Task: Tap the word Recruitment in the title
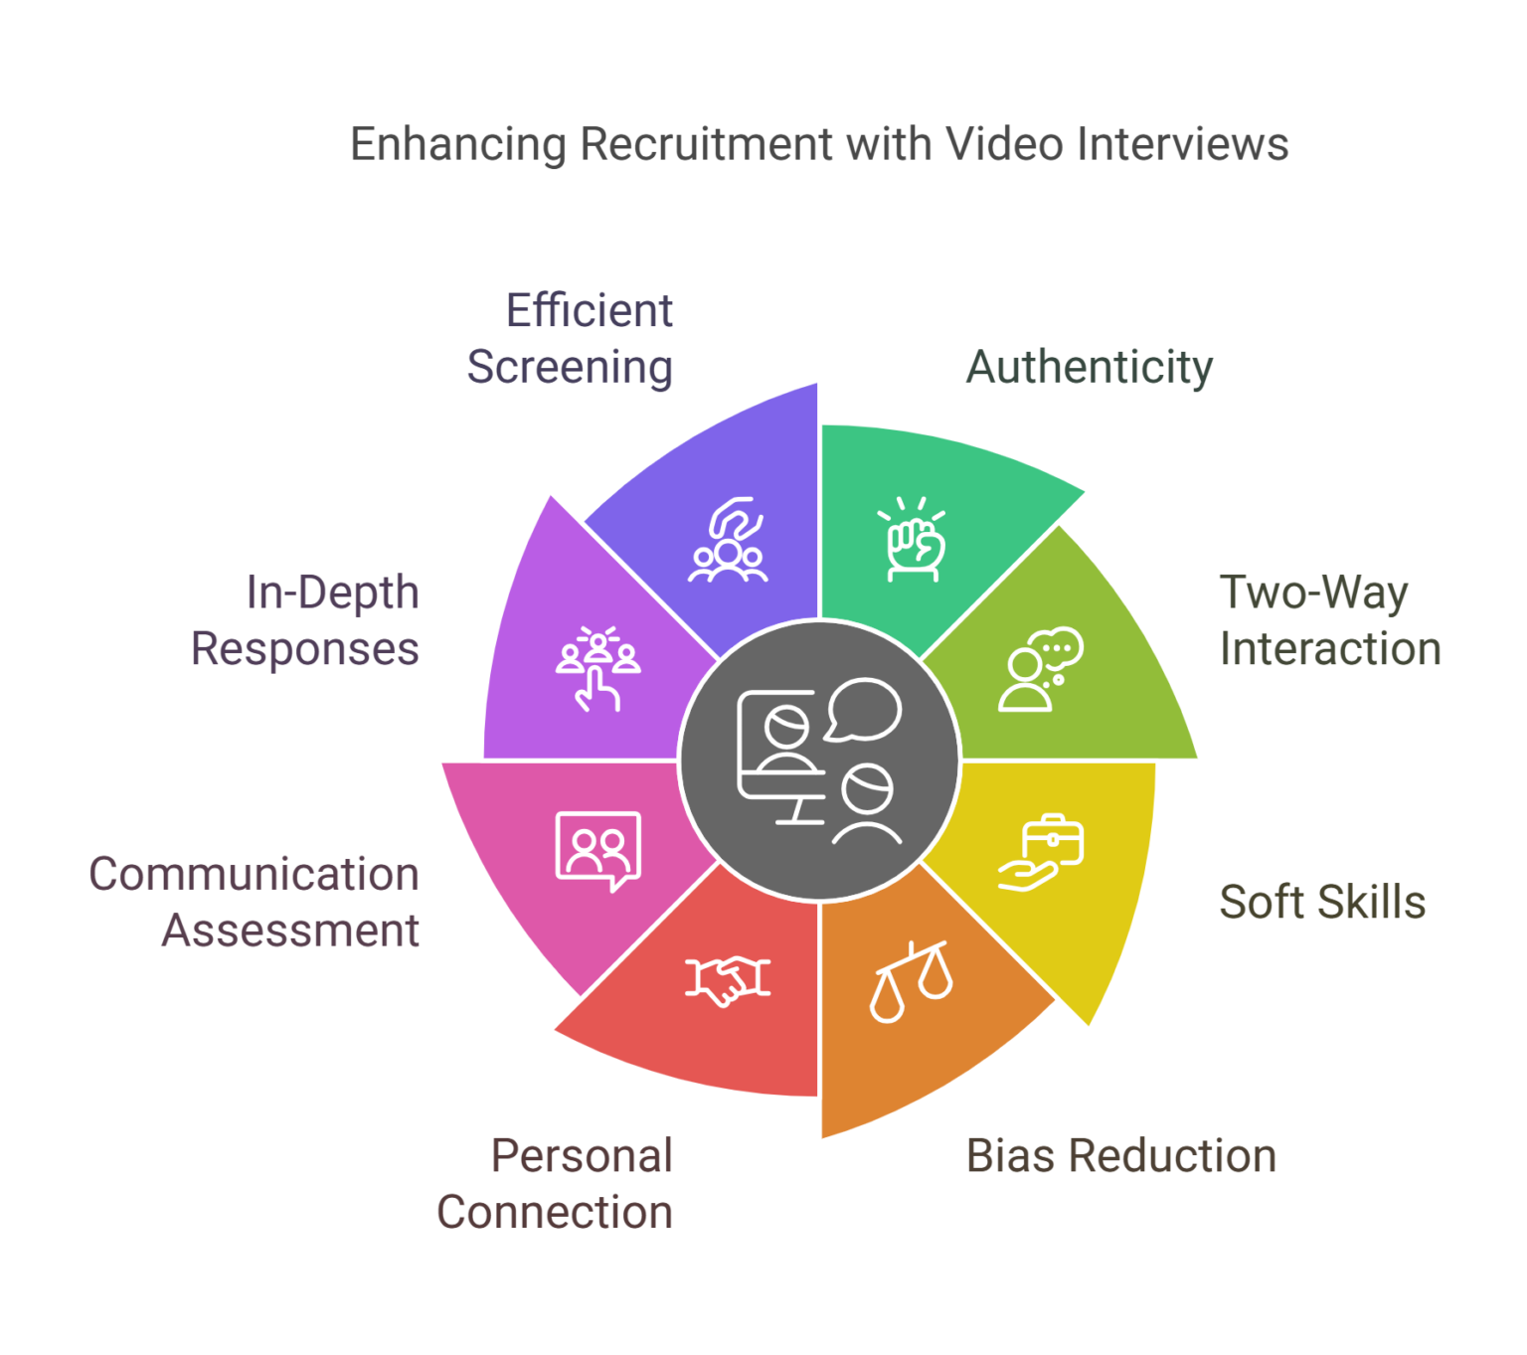coord(706,145)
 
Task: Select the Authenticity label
coord(1089,367)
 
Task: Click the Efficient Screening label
coord(571,339)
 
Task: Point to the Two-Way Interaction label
coord(1329,620)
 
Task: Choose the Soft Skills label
coord(1322,903)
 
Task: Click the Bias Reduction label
coord(1121,1156)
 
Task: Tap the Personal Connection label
coord(556,1184)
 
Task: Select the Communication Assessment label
coord(254,903)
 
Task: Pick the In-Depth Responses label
coord(306,620)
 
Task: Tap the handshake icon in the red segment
coord(728,980)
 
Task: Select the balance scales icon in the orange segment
coord(911,980)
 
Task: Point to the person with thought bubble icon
coord(1039,669)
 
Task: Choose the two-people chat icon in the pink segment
coord(597,851)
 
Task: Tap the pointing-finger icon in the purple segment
coord(597,668)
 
